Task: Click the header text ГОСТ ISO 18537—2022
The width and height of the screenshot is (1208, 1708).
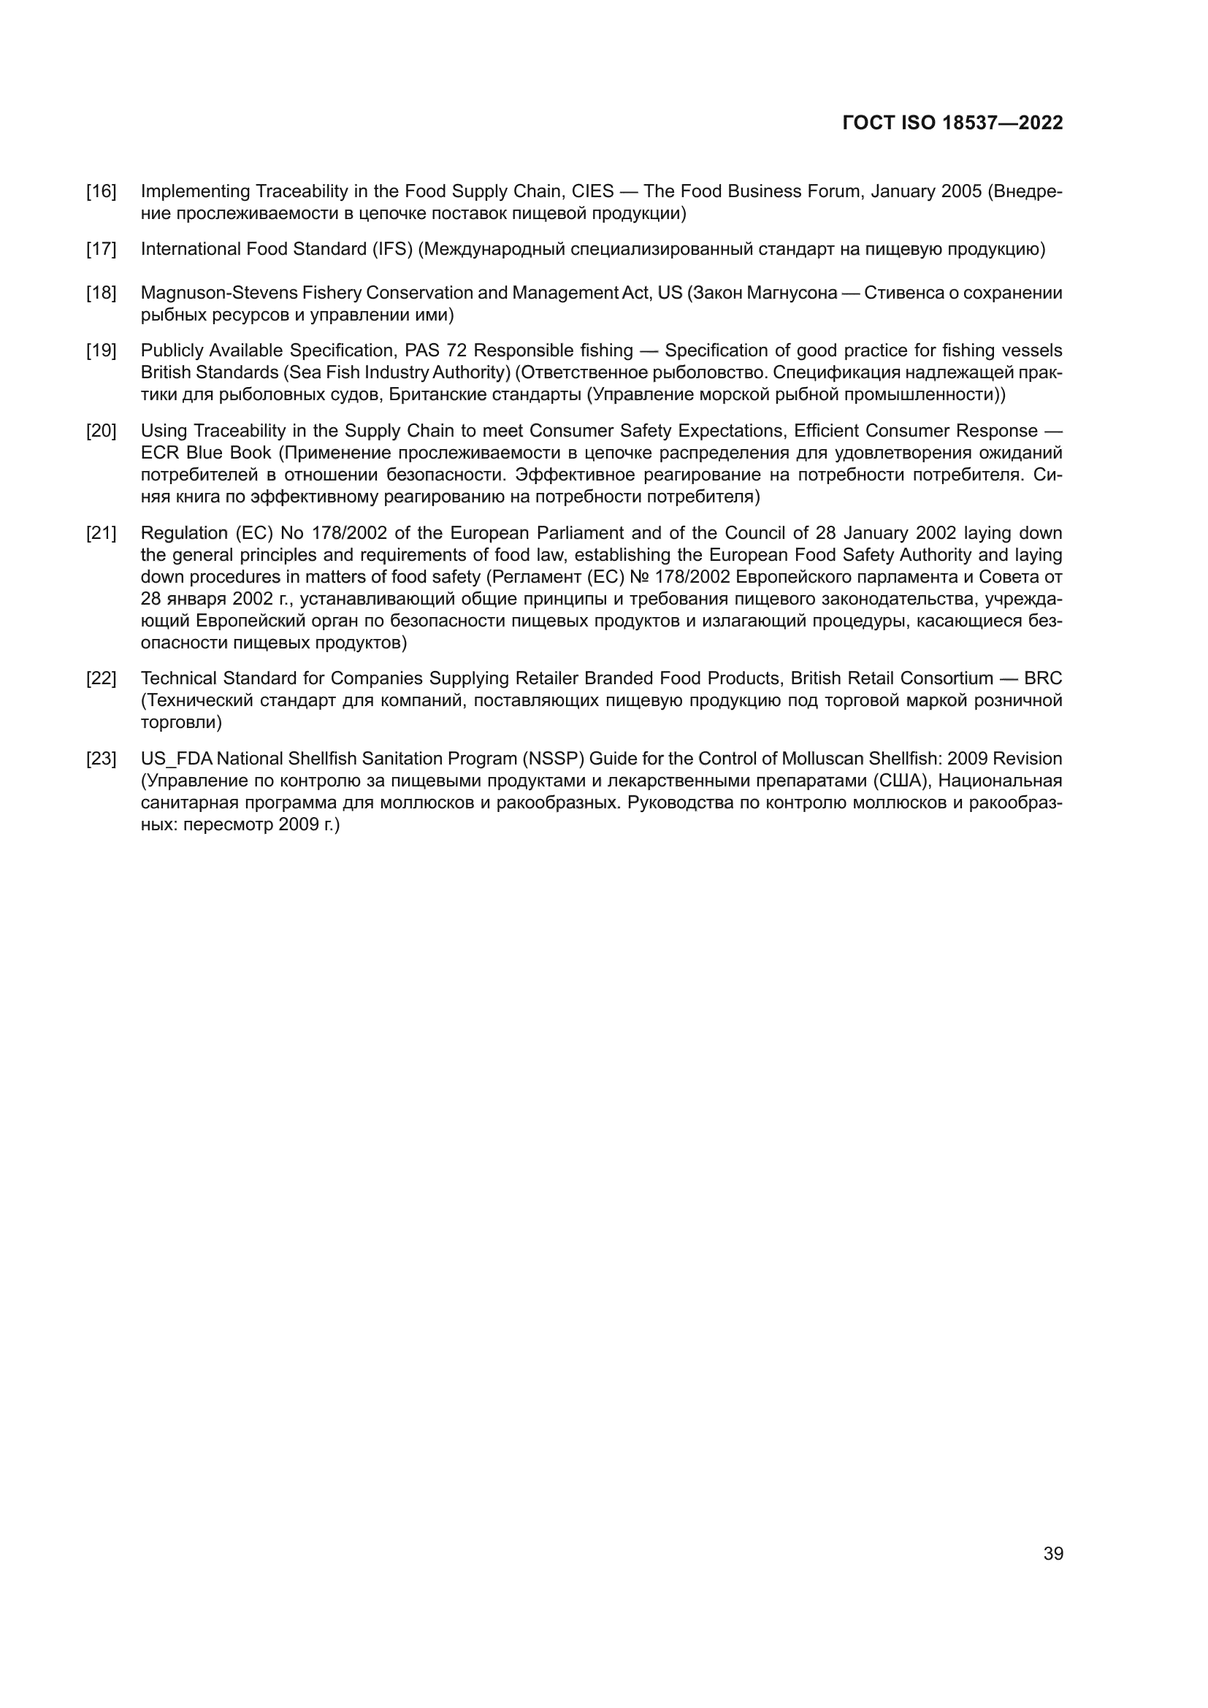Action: click(952, 123)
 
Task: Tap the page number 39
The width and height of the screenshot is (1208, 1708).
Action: click(1052, 1553)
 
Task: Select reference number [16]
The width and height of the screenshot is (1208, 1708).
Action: click(102, 192)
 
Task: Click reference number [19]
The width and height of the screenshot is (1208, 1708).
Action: click(102, 351)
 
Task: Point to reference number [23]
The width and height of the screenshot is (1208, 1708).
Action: click(102, 759)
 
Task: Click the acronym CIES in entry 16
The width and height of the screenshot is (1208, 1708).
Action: click(592, 192)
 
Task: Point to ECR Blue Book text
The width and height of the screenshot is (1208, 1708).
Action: click(206, 453)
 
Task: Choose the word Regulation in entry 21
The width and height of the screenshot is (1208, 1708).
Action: click(183, 533)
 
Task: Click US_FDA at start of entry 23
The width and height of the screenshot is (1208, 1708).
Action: click(176, 759)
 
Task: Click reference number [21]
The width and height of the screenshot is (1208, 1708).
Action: click(102, 533)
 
